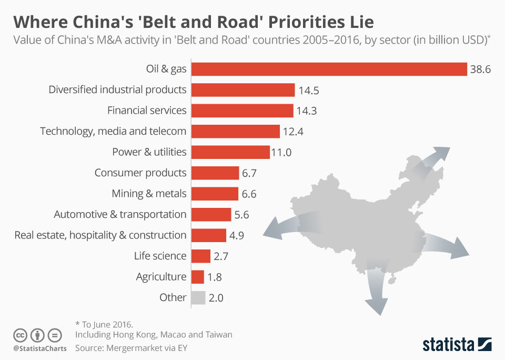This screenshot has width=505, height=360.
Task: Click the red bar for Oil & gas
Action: tap(329, 69)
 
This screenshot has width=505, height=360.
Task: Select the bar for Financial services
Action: tap(242, 111)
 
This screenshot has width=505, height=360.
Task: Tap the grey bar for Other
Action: tap(198, 298)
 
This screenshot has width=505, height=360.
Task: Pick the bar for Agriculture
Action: tap(197, 277)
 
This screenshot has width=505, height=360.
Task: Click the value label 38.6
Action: tap(480, 69)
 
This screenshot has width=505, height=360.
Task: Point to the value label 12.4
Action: tap(293, 132)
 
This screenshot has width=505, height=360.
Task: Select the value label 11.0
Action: tap(281, 153)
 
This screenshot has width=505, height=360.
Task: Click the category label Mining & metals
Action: tap(149, 194)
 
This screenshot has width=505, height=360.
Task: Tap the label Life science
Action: tap(160, 256)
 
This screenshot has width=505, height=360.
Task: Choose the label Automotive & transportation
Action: tap(120, 215)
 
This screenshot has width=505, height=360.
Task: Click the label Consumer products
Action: tap(140, 173)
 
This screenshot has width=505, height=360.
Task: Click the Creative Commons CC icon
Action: tap(20, 335)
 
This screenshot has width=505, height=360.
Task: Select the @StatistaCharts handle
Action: tap(40, 348)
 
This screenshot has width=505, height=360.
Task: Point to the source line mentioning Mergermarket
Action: tap(131, 348)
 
